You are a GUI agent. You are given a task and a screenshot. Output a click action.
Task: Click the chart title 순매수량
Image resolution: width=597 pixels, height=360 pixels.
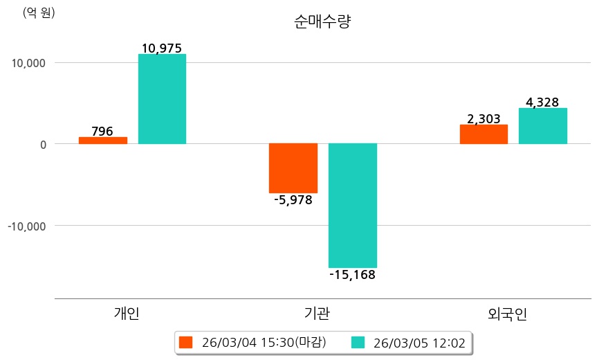coord(323,22)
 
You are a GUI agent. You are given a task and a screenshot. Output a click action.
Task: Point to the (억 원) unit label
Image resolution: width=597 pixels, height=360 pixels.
coord(39,12)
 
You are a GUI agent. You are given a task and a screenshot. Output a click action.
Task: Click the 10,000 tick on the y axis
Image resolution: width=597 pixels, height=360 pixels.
coord(28,63)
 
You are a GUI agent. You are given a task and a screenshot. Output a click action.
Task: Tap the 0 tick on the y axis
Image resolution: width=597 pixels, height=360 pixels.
coord(42,144)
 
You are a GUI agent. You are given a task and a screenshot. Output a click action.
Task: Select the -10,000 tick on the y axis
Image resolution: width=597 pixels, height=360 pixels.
coord(26,226)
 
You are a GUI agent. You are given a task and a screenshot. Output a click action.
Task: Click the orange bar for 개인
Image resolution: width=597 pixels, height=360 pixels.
coord(103,141)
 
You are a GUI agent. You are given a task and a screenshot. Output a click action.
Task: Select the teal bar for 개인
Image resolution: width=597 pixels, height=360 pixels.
coord(162,99)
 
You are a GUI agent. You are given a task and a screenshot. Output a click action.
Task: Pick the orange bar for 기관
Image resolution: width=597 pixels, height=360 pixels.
coord(293,168)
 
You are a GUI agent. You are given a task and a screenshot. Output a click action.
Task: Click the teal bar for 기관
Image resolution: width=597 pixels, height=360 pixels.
coord(352,206)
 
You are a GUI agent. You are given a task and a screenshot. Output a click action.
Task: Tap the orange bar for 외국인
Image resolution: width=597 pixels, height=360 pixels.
coord(484,134)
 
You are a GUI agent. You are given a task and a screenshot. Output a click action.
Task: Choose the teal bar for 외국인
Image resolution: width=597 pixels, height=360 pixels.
coord(542,126)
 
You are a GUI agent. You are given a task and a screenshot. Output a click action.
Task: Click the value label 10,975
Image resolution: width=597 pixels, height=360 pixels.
coord(161,48)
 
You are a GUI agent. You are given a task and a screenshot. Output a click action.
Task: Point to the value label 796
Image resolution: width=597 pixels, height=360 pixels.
coord(102,131)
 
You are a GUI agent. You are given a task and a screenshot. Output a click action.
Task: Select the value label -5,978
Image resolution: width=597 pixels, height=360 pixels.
coord(293,201)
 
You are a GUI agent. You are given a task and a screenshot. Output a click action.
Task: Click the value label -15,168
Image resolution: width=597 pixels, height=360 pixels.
coord(352,276)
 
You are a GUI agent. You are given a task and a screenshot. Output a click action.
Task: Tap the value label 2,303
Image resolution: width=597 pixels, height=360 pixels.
coord(484,119)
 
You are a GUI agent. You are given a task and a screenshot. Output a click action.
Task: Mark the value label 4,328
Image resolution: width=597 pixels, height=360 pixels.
coord(542,102)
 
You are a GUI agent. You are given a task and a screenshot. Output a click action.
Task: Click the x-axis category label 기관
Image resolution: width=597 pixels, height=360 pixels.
coord(317,314)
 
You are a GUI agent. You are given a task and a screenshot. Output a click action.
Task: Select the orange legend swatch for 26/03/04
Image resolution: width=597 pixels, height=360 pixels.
coord(185,342)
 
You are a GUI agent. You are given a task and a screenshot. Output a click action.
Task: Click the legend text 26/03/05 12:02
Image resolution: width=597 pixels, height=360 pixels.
coord(419,342)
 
